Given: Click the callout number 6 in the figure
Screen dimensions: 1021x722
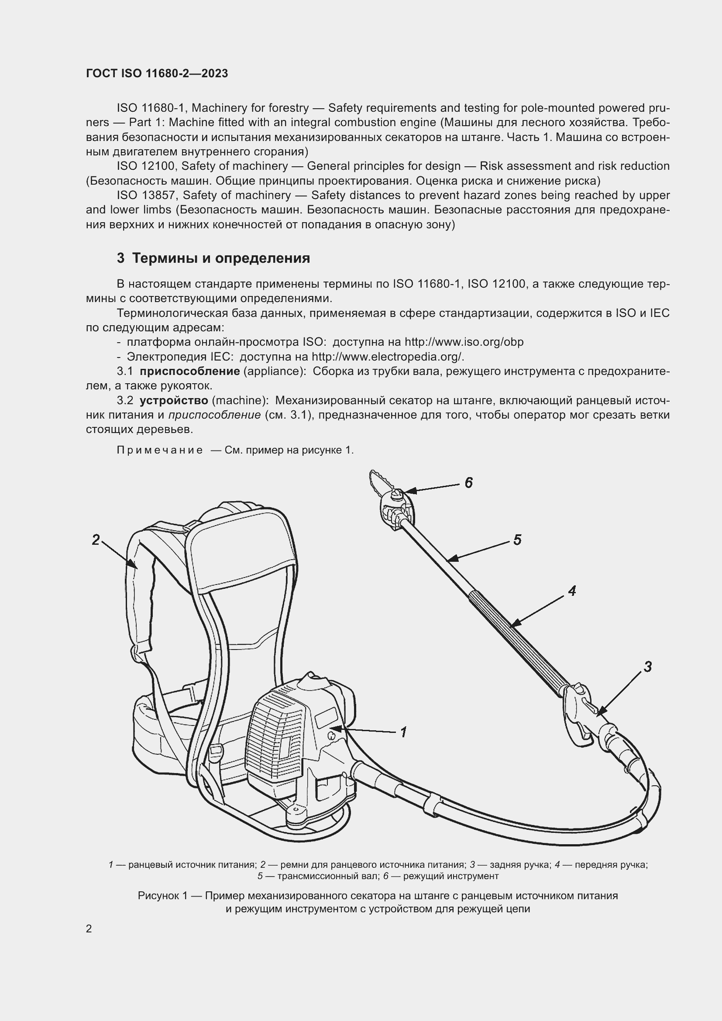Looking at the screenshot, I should pos(468,482).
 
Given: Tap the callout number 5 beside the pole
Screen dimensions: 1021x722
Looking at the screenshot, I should pos(517,540).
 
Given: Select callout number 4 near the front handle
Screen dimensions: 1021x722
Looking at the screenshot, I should pos(572,591).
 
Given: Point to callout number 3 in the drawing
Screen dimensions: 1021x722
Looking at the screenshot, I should pos(648,667).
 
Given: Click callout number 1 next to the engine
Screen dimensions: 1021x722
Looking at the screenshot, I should pos(403,732).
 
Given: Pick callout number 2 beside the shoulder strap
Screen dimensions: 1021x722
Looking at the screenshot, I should pos(96,540).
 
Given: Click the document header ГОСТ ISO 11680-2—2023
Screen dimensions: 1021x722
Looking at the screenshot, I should pos(157,74).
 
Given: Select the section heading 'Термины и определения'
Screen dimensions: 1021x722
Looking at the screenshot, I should pos(221,258).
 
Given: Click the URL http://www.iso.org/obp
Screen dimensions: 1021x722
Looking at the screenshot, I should pos(464,342).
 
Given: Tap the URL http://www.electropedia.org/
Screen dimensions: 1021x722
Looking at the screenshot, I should pos(388,357).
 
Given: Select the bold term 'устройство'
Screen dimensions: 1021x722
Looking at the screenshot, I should pos(174,401).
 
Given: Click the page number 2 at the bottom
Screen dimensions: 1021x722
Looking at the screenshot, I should pos(89,928).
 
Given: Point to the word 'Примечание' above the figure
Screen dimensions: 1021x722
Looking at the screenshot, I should pos(160,450).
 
